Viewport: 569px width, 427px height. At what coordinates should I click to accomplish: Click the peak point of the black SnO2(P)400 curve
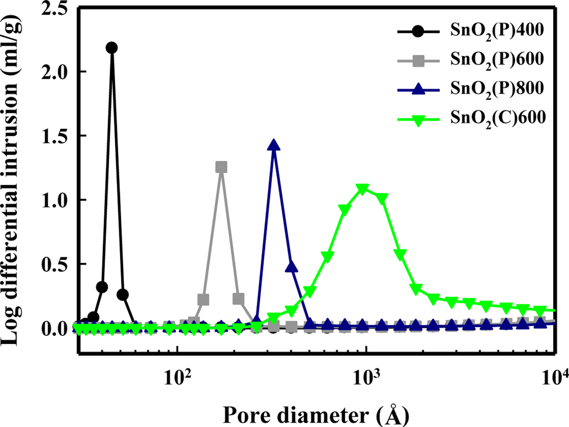pyautogui.click(x=112, y=47)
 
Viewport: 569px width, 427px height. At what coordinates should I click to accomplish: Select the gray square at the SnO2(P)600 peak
pyautogui.click(x=221, y=167)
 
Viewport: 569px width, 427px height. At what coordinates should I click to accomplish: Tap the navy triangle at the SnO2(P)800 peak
pyautogui.click(x=274, y=145)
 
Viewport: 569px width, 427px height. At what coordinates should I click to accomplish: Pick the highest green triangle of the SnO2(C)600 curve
pyautogui.click(x=362, y=189)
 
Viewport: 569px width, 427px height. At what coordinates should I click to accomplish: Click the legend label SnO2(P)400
pyautogui.click(x=497, y=31)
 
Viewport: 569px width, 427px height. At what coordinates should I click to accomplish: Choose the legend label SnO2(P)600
pyautogui.click(x=497, y=60)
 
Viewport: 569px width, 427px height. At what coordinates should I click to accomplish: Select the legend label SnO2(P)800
pyautogui.click(x=497, y=89)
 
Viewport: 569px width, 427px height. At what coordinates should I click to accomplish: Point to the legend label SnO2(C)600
pyautogui.click(x=498, y=118)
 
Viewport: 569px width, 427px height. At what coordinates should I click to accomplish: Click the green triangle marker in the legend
pyautogui.click(x=418, y=120)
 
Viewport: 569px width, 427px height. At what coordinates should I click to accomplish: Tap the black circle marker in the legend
pyautogui.click(x=418, y=32)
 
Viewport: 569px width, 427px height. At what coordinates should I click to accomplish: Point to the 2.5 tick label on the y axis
pyautogui.click(x=56, y=9)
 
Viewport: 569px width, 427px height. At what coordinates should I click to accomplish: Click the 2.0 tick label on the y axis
pyautogui.click(x=56, y=71)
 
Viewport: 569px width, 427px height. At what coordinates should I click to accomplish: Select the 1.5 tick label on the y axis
pyautogui.click(x=56, y=136)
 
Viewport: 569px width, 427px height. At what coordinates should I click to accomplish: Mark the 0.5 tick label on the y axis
pyautogui.click(x=56, y=264)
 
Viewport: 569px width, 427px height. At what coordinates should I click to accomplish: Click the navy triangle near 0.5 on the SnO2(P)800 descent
pyautogui.click(x=291, y=267)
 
